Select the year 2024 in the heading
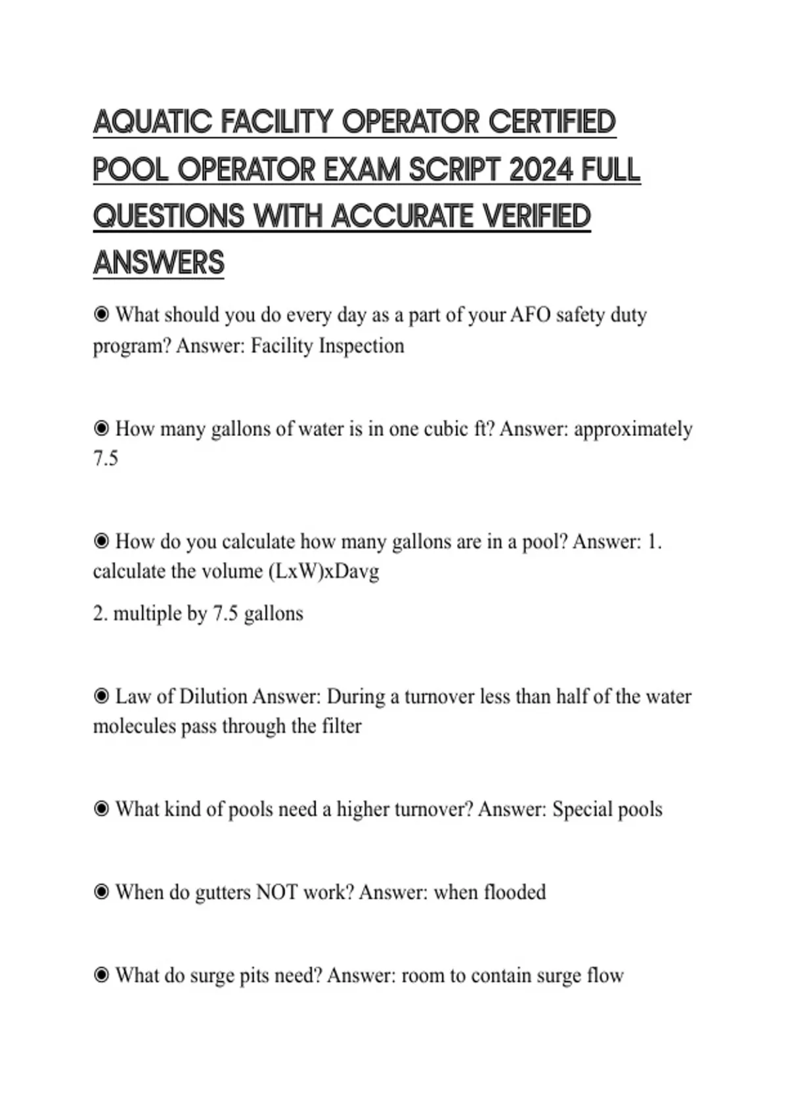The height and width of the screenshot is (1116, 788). click(540, 170)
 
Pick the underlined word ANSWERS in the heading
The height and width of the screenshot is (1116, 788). click(159, 263)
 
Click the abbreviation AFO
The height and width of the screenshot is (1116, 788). click(531, 315)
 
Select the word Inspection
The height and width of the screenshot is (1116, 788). click(361, 346)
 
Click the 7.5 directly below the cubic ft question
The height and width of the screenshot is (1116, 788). click(106, 458)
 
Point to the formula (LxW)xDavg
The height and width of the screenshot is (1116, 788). click(324, 571)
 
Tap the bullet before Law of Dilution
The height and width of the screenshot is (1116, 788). click(101, 696)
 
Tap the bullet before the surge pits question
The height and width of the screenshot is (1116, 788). click(101, 975)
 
